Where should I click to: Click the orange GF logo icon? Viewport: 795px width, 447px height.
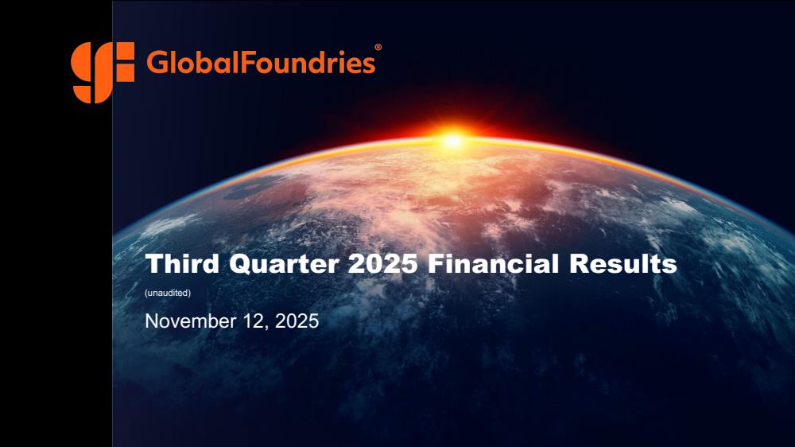point(103,72)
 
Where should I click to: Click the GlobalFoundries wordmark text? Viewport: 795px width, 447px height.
point(261,62)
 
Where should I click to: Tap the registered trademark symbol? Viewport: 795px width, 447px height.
point(378,47)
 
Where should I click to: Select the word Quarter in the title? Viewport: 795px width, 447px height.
point(284,264)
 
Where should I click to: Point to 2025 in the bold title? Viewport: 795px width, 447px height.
point(383,264)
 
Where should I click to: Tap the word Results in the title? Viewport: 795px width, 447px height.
point(622,263)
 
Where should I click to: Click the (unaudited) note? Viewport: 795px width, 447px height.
point(168,293)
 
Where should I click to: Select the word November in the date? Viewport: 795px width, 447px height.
point(191,321)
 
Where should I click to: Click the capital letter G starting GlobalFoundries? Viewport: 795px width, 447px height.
point(157,62)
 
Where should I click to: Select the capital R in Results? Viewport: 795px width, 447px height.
point(578,263)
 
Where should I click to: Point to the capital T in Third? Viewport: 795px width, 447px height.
point(155,263)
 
